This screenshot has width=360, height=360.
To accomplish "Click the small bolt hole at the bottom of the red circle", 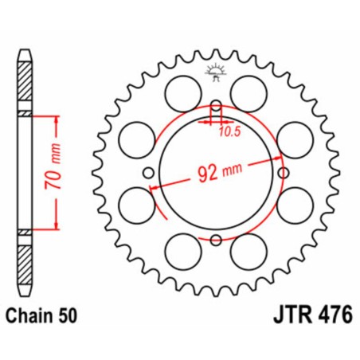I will click(x=216, y=239).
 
